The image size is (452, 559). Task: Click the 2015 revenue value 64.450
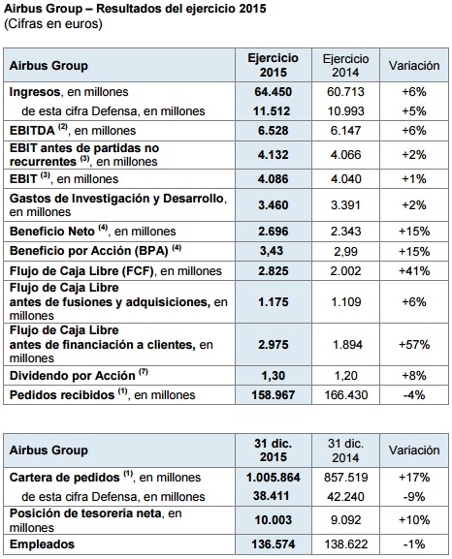pos(274,92)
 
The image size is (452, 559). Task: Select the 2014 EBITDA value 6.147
pos(345,131)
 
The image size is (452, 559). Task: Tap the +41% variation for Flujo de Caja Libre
pos(414,271)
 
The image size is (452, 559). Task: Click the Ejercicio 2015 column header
pos(274,65)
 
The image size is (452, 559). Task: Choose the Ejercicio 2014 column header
pos(345,66)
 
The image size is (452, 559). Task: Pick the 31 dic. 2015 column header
pos(274,450)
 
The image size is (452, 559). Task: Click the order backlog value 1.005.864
pos(274,478)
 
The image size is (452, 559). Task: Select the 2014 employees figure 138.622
pos(345,544)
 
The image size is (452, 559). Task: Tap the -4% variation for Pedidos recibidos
pos(414,395)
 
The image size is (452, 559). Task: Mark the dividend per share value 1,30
pos(273,376)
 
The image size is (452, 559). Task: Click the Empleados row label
pos(42,544)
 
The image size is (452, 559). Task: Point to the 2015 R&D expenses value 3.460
pos(274,205)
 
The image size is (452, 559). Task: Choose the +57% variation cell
pos(414,345)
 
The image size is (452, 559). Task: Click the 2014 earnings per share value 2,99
pos(345,252)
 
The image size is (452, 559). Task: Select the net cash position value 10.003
pos(274,520)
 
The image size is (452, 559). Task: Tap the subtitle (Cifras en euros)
pos(53,24)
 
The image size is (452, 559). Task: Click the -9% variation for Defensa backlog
pos(414,497)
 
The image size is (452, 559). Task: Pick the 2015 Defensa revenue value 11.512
pos(272,111)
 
